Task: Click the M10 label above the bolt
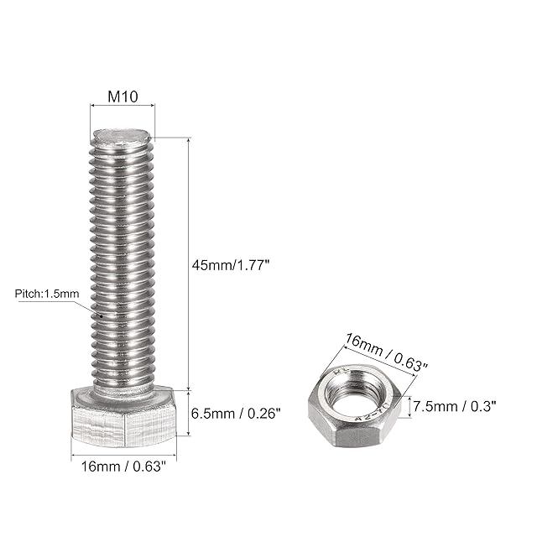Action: pyautogui.click(x=123, y=96)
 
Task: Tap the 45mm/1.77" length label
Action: pyautogui.click(x=231, y=265)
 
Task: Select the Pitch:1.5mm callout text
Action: pyautogui.click(x=47, y=294)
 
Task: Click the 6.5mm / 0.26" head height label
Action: pyautogui.click(x=236, y=414)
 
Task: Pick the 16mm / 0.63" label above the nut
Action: pyautogui.click(x=386, y=352)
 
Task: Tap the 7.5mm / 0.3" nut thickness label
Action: pyautogui.click(x=455, y=406)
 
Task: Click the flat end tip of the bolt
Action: pyautogui.click(x=123, y=136)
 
